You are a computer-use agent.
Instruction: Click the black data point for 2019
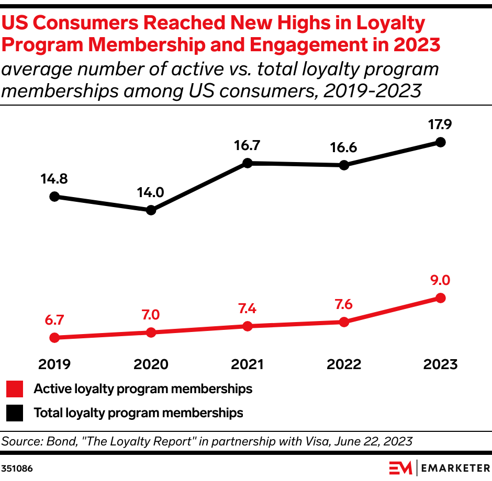click(x=54, y=197)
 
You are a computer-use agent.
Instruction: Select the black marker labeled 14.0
click(x=151, y=210)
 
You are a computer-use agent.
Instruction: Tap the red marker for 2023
click(x=440, y=298)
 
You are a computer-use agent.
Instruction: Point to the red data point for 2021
click(x=248, y=326)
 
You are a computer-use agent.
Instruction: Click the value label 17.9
click(x=440, y=125)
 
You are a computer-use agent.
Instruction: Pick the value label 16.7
click(x=248, y=146)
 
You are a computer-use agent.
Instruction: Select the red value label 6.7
click(x=54, y=319)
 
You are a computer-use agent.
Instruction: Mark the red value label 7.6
click(x=344, y=304)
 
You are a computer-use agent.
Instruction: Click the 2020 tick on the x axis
click(x=151, y=364)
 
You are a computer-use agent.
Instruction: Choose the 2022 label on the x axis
click(x=344, y=364)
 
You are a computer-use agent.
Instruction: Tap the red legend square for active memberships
click(x=15, y=389)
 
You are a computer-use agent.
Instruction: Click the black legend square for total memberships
click(x=15, y=413)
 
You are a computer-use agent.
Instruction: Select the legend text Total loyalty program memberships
click(x=138, y=413)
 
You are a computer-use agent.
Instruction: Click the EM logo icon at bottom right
click(x=400, y=467)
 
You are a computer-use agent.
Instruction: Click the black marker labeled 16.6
click(x=344, y=165)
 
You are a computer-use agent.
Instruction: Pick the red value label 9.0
click(x=440, y=280)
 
